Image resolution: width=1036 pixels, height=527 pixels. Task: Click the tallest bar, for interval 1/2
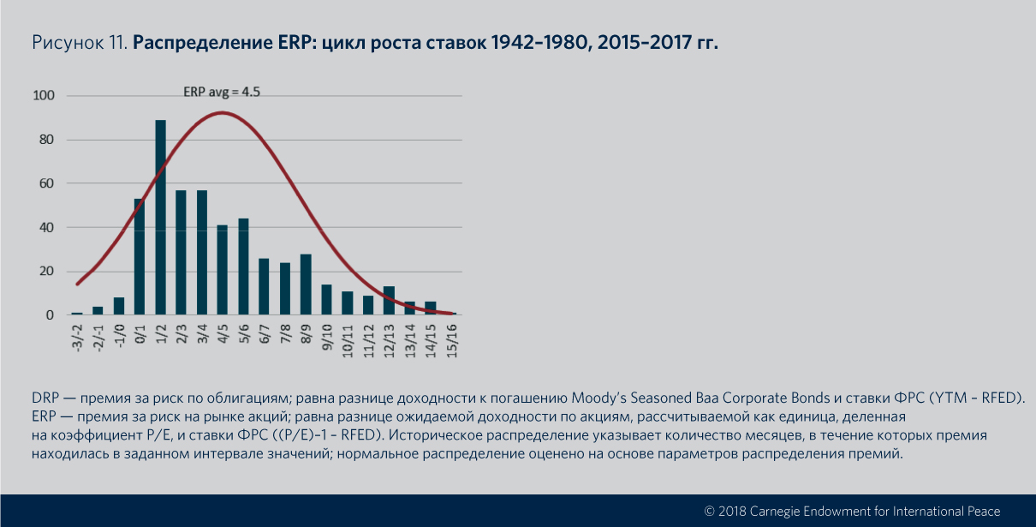pos(160,218)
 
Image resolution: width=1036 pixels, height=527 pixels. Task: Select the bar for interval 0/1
pos(140,257)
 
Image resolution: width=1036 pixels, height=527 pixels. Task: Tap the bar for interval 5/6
pos(243,266)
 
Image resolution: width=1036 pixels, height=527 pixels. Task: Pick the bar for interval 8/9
pos(306,284)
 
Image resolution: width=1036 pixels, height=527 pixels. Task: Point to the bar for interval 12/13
pos(389,301)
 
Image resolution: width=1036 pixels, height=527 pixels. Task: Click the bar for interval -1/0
pos(119,307)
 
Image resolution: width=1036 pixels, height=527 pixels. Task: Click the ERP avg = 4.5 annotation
pos(222,92)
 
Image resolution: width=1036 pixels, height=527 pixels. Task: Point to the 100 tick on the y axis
pos(43,96)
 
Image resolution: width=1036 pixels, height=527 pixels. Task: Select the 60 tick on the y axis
pos(46,183)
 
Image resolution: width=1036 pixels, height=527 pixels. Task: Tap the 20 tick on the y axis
pos(46,272)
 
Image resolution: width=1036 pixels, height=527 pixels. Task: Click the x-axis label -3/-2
pos(78,336)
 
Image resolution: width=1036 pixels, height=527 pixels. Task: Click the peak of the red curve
pos(223,112)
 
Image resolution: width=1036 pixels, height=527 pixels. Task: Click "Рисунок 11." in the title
pos(79,42)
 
